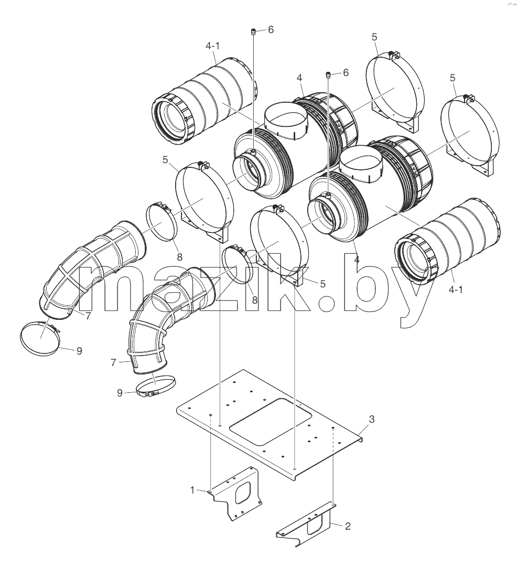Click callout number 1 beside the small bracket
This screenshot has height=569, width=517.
pos(192,490)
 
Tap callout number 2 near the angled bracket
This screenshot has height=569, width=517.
pos(348,526)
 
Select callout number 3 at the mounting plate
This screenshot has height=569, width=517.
pos(372,419)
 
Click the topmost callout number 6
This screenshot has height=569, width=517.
pos(271,30)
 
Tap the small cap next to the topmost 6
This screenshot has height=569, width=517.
pos(254,31)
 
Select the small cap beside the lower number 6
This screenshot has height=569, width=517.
pos(328,75)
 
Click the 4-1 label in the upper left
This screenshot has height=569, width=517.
pos(212,46)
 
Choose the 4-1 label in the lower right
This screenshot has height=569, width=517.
pos(456,289)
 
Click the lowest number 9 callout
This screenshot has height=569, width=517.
pos(120,393)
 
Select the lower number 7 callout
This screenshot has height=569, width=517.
pos(114,362)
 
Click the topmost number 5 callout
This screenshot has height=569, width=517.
pos(374,37)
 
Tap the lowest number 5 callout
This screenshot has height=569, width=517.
pos(323,284)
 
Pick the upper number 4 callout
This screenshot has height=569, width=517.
pos(299,78)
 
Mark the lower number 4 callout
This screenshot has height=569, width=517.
pos(357,260)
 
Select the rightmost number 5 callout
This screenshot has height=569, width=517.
pos(453,78)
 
